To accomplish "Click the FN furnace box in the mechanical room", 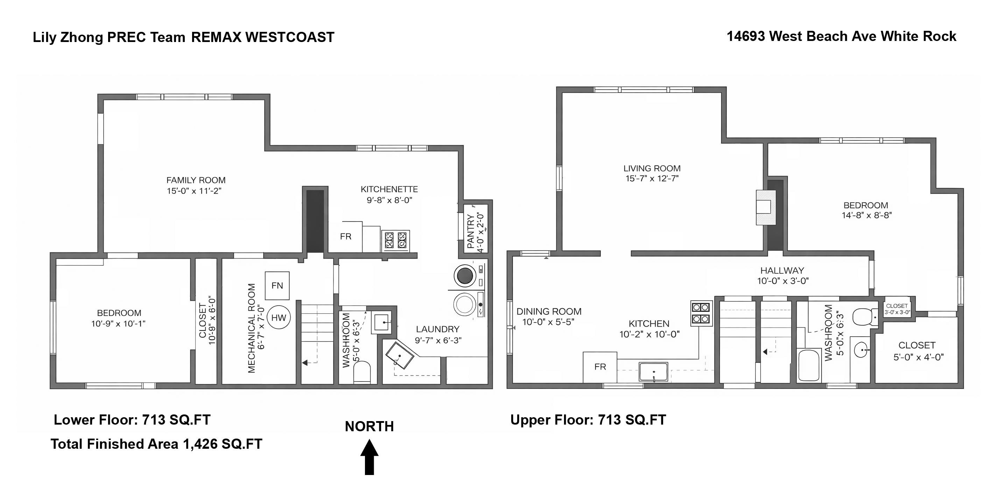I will (277, 286).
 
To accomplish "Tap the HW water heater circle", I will (279, 318).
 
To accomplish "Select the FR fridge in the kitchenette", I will (345, 236).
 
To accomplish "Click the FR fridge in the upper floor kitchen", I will (600, 367).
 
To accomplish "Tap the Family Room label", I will (196, 180).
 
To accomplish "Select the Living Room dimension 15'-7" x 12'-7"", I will (652, 179).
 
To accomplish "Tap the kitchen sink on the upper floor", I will (653, 372).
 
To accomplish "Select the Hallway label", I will (782, 271).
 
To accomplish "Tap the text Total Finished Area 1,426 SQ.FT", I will (156, 444).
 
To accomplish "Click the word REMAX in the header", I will (216, 37).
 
